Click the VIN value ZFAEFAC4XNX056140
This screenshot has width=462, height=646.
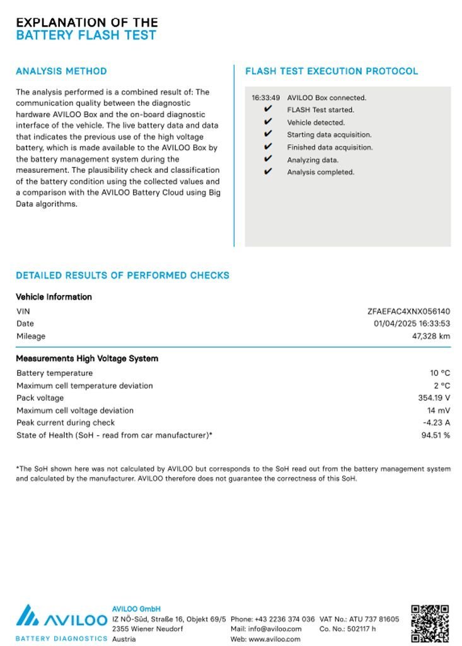point(408,311)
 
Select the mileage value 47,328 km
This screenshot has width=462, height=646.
point(431,336)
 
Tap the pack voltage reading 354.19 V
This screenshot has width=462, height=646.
point(434,398)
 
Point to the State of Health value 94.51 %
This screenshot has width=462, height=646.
point(436,435)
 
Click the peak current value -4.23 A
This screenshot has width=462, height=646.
point(436,423)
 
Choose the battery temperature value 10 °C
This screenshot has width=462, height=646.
point(440,373)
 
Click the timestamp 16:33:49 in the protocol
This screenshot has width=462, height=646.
point(265,98)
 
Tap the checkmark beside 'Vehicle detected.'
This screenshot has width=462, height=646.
point(268,122)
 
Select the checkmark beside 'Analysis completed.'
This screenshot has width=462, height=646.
point(268,172)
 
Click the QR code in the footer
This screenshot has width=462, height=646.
point(430,623)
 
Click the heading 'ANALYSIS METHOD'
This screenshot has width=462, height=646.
point(61,71)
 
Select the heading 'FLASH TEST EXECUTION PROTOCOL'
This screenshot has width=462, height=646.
point(332,71)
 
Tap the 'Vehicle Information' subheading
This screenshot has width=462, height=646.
point(54,297)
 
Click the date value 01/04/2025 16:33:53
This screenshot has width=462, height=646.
point(412,324)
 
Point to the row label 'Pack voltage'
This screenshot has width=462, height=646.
point(40,398)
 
